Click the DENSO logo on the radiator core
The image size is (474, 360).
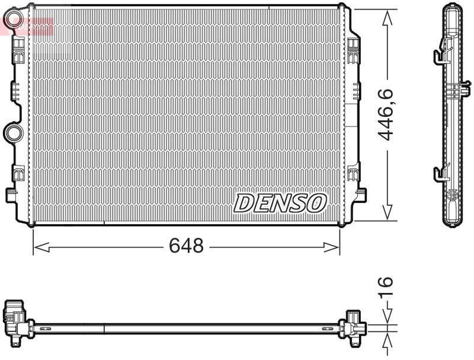280,203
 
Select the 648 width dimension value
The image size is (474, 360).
187,246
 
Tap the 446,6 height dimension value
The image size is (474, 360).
387,114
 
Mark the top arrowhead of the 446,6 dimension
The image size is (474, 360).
387,17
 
